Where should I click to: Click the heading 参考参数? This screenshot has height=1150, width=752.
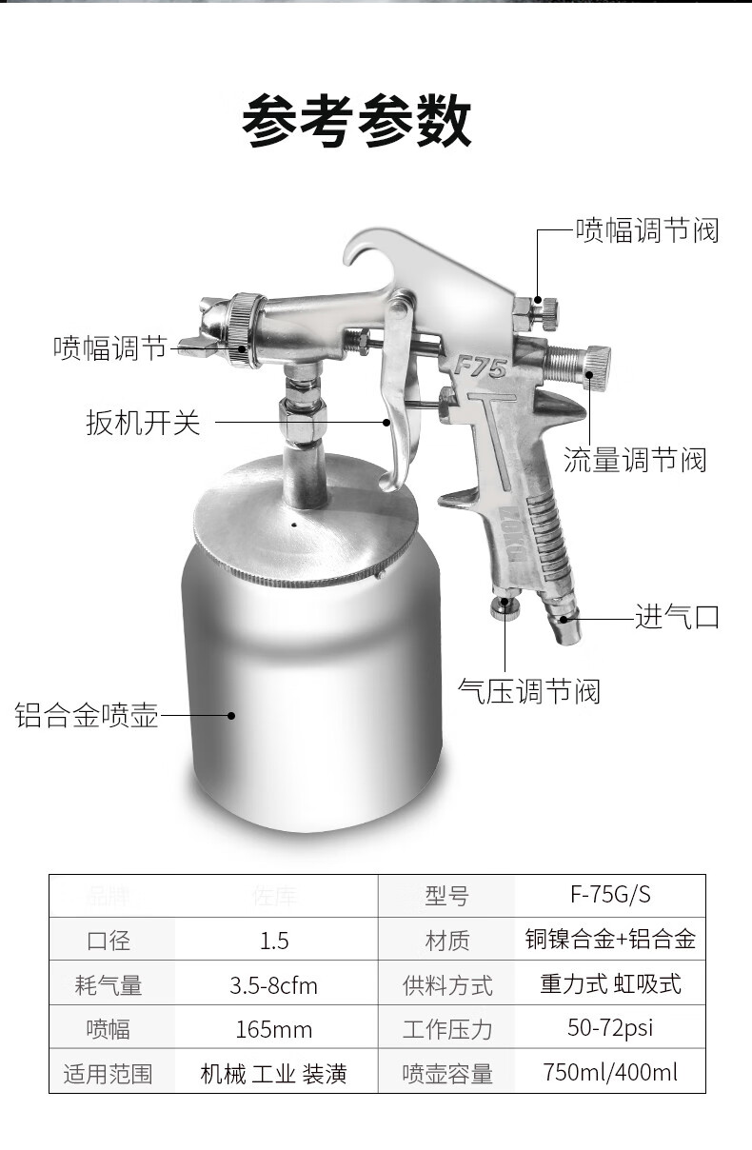357,123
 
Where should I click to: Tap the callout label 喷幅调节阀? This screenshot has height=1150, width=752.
646,230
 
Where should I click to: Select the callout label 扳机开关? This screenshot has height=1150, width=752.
144,422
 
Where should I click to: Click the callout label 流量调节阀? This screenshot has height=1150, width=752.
635,461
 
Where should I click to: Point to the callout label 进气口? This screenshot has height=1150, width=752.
677,617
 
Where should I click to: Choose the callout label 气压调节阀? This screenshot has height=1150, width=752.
529,690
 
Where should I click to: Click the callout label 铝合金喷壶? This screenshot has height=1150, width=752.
86,715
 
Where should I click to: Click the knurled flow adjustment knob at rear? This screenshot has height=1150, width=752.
597,362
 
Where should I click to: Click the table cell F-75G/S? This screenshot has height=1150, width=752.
610,895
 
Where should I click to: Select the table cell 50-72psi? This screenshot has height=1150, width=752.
610,1028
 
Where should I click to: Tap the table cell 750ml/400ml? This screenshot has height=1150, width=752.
610,1073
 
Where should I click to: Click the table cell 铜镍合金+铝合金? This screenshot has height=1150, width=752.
610,940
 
